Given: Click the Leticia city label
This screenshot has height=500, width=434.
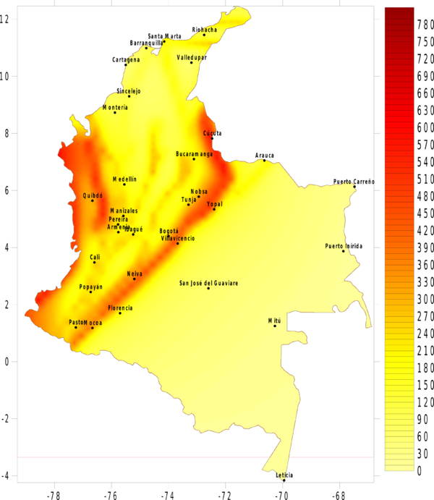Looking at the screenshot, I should point(284,475).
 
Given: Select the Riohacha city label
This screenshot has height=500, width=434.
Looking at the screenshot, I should point(204,30).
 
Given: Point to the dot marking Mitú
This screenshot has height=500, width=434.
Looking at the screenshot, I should point(275,326).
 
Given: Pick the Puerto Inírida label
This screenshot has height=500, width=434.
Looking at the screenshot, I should point(344,247).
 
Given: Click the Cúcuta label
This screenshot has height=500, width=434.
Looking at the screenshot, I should point(213,133).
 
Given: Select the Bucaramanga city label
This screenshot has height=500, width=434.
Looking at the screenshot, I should point(195,154).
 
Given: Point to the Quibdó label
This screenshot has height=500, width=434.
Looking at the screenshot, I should point(93,195).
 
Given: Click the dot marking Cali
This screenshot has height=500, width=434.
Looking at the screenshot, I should point(94,262).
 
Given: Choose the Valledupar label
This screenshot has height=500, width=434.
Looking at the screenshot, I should point(192,56).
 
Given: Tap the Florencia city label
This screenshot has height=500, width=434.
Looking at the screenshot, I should point(120,308).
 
